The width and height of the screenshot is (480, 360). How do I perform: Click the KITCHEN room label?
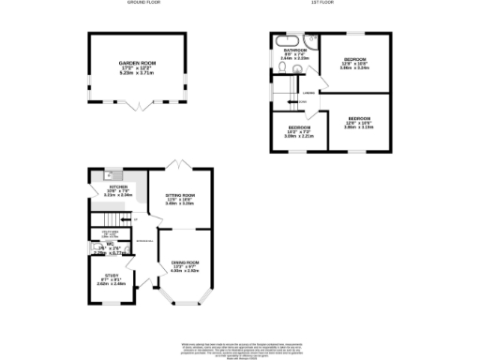point(118,187)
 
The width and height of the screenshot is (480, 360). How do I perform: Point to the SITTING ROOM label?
point(180,196)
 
